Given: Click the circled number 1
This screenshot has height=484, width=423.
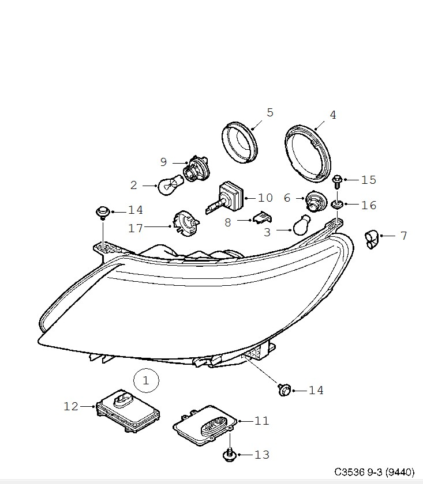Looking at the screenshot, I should tap(146, 380).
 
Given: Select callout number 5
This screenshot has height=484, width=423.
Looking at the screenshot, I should tap(269, 112).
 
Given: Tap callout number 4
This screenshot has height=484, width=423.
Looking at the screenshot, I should tap(332, 115).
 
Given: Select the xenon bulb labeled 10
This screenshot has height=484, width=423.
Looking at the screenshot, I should tap(230, 197).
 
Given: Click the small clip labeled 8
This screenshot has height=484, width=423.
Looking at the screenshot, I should tap(260, 219).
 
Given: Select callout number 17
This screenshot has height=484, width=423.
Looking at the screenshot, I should tap(136, 228).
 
